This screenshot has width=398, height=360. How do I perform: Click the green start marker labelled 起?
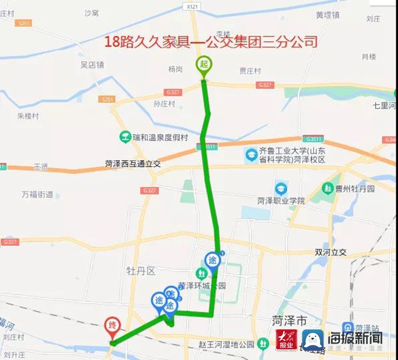click(204, 64)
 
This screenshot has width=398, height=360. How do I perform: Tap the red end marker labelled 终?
click(113, 327)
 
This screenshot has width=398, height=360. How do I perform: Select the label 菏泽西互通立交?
click(133, 164)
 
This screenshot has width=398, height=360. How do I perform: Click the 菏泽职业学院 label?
click(281, 201)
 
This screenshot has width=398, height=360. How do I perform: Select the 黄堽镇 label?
click(327, 15)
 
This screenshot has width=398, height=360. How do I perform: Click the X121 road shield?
click(193, 6)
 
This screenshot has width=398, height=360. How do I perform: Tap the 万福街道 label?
click(38, 195)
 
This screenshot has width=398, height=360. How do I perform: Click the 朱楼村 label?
click(28, 115)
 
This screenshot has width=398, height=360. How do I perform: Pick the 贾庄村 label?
click(250, 71)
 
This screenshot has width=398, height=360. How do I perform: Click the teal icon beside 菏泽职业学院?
click(280, 189)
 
